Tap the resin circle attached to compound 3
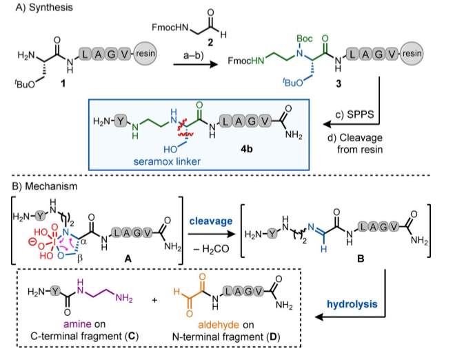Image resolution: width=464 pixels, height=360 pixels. [x=412, y=53]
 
